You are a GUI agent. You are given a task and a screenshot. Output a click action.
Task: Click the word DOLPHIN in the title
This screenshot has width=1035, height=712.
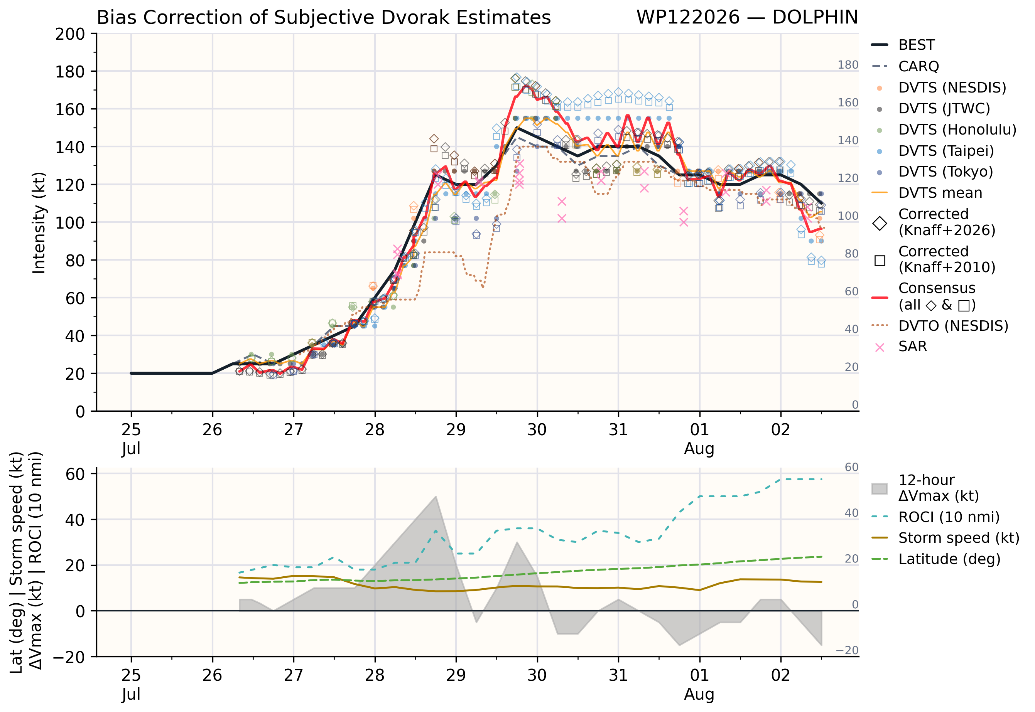pyautogui.click(x=815, y=17)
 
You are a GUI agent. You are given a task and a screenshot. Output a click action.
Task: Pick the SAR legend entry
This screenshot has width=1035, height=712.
pyautogui.click(x=899, y=347)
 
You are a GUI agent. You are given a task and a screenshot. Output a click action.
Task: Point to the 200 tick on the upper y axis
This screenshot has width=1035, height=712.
pyautogui.click(x=70, y=34)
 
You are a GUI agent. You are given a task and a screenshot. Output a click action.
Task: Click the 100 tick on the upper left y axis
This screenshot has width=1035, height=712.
pyautogui.click(x=70, y=222)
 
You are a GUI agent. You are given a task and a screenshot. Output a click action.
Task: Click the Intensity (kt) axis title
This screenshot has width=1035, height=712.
pyautogui.click(x=39, y=222)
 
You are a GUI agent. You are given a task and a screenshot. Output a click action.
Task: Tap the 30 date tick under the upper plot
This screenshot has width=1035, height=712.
pyautogui.click(x=537, y=429)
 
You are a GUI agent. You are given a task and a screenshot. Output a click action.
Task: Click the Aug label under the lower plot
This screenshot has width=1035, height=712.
pyautogui.click(x=699, y=694)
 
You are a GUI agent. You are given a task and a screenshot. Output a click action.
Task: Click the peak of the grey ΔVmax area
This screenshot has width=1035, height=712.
pyautogui.click(x=436, y=496)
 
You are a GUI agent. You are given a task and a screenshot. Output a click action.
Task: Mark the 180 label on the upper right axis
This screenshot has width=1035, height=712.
pyautogui.click(x=848, y=65)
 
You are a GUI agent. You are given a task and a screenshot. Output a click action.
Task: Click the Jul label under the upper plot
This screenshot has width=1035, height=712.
pyautogui.click(x=131, y=448)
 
